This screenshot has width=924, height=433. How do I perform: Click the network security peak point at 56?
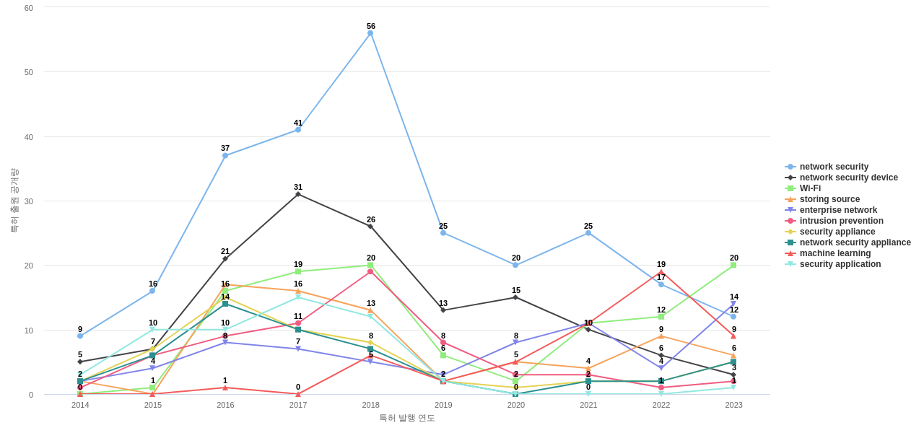[370, 33]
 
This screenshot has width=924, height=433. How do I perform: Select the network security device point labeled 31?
[298, 194]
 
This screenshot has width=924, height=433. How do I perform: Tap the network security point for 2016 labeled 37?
[225, 156]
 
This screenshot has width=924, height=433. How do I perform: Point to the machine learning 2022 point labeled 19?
[661, 272]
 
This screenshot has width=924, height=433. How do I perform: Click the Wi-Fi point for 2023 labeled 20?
[733, 266]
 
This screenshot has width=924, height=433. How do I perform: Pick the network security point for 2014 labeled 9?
[80, 336]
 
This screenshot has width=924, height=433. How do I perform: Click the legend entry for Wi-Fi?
[810, 188]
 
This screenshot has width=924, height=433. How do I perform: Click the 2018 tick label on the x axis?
[370, 405]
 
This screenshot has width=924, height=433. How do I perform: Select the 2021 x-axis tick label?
[588, 405]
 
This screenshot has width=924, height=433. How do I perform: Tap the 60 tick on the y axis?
[29, 8]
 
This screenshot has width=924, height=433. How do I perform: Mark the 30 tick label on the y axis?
[29, 201]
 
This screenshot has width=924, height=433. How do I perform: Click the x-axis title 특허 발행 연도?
[407, 418]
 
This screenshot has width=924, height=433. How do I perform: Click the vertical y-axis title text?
[14, 201]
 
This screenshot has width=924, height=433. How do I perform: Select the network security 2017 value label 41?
[298, 123]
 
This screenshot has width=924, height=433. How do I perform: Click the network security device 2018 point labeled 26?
[370, 227]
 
